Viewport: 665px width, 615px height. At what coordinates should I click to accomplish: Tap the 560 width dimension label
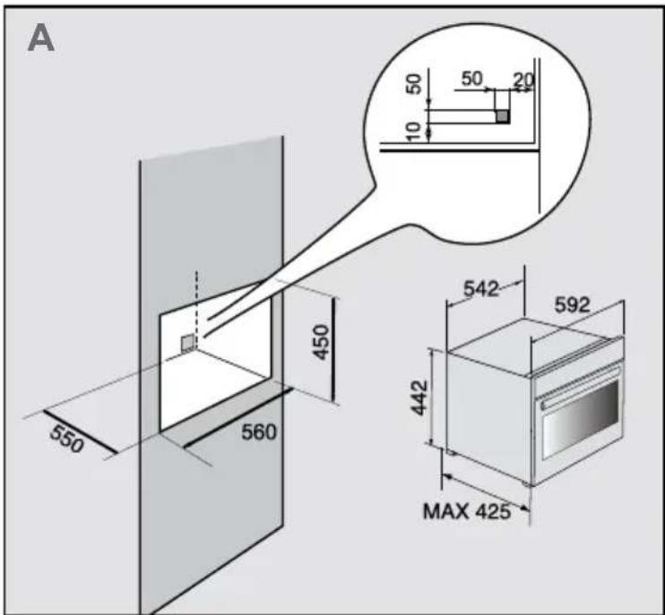259,431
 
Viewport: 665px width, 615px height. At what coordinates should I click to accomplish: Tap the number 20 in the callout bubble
523,81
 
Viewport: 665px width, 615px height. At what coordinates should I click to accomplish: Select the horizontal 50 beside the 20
472,79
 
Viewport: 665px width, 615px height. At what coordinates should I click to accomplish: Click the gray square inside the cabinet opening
187,343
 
